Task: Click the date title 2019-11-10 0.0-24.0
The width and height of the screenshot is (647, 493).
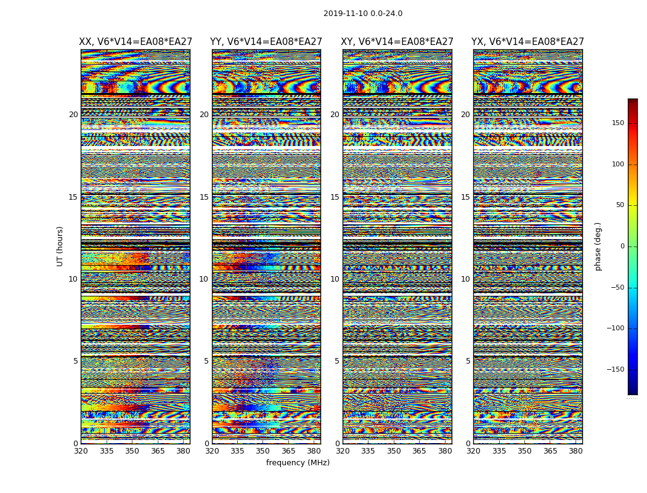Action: [x=362, y=14]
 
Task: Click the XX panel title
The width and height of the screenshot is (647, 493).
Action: [x=136, y=42]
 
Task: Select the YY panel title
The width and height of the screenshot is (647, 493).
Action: [x=266, y=42]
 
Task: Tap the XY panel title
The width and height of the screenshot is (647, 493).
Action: [x=397, y=42]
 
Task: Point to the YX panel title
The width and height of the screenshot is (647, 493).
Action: [x=527, y=42]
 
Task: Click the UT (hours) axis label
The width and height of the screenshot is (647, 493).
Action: [x=60, y=246]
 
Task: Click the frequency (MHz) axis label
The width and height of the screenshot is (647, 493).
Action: [x=298, y=463]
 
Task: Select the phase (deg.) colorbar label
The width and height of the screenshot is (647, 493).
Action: [x=598, y=246]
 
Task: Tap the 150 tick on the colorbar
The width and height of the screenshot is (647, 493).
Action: [x=617, y=123]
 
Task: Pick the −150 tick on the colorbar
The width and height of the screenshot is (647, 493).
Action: [x=615, y=370]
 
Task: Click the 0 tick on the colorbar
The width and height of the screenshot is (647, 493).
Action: [x=622, y=246]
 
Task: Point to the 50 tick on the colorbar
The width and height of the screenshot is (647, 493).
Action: [x=619, y=205]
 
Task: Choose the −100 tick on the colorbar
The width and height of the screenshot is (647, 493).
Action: [x=615, y=328]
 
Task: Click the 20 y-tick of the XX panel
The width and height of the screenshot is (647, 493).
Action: [x=73, y=115]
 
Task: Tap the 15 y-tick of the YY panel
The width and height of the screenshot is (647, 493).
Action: [x=204, y=197]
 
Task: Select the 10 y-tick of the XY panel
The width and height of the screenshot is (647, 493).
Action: [x=335, y=279]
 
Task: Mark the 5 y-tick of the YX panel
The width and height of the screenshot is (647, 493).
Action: [x=468, y=361]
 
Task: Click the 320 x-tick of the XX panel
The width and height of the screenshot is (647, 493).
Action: [x=81, y=451]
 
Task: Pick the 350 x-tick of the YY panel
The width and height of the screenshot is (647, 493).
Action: [x=263, y=451]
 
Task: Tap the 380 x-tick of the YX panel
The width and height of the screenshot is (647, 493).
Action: [x=576, y=451]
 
